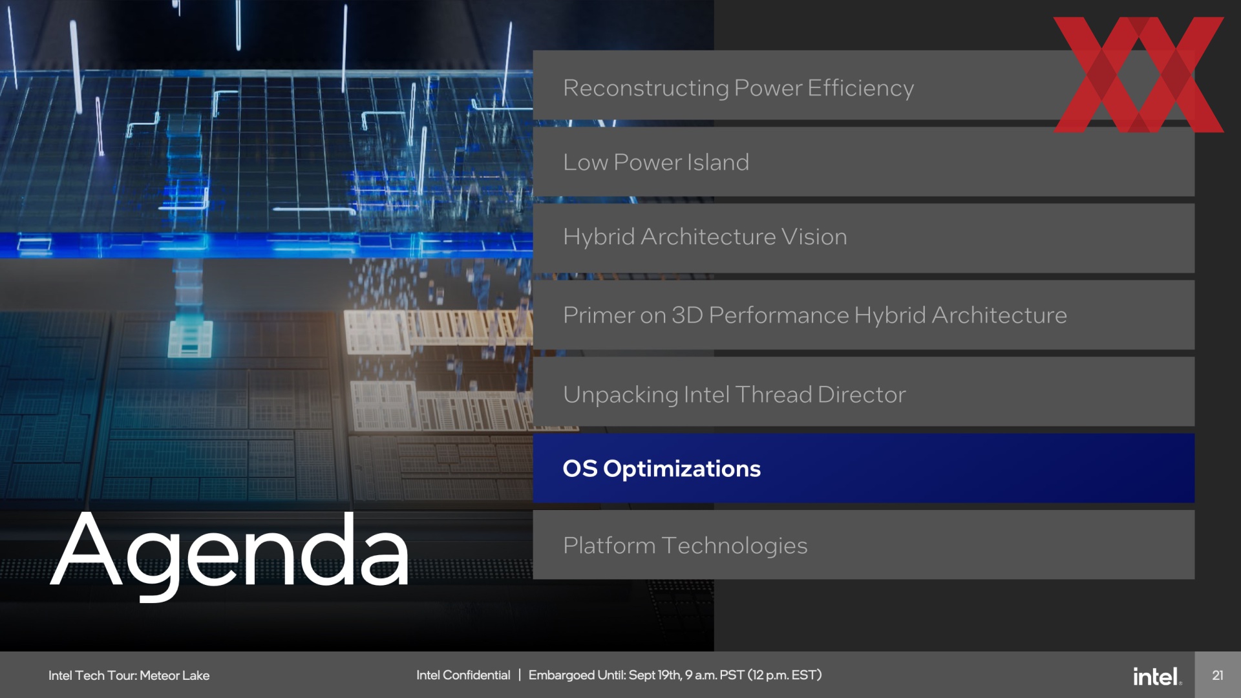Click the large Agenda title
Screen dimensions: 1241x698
pyautogui.click(x=229, y=553)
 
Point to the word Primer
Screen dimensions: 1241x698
pyautogui.click(x=599, y=315)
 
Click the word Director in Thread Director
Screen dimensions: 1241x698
pyautogui.click(x=862, y=394)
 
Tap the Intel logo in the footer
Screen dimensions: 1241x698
pyautogui.click(x=1157, y=676)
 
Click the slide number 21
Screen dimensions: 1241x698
pyautogui.click(x=1218, y=675)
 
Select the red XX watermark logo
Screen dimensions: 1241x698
pyautogui.click(x=1138, y=74)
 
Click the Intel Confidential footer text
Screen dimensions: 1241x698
pyautogui.click(x=463, y=675)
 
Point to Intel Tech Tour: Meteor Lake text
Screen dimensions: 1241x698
pyautogui.click(x=129, y=675)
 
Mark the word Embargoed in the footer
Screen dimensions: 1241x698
pyautogui.click(x=561, y=675)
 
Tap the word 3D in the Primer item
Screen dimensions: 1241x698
pyautogui.click(x=687, y=315)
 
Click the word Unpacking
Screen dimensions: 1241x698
pyautogui.click(x=620, y=395)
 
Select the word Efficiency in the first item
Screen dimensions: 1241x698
pyautogui.click(x=860, y=88)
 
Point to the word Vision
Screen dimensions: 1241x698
pyautogui.click(x=814, y=237)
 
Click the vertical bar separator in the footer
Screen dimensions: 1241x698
pyautogui.click(x=519, y=675)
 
